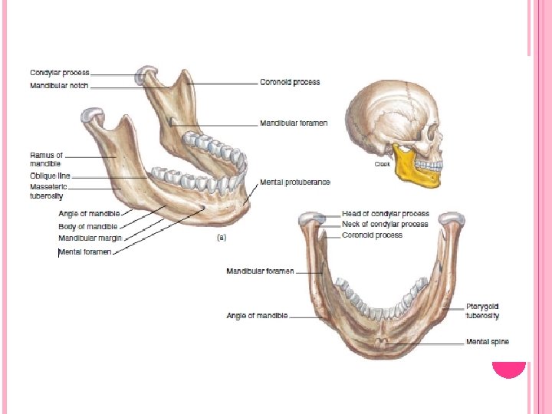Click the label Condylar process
60,73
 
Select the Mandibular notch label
59,86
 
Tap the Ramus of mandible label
45,159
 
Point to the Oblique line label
50,176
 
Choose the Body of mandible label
88,226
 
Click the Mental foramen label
87,251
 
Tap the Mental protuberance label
295,182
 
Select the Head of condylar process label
385,214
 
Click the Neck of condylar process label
385,225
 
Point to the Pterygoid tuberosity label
483,311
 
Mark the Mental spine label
488,342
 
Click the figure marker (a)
222,238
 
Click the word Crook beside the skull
382,164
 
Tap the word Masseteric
48,187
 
